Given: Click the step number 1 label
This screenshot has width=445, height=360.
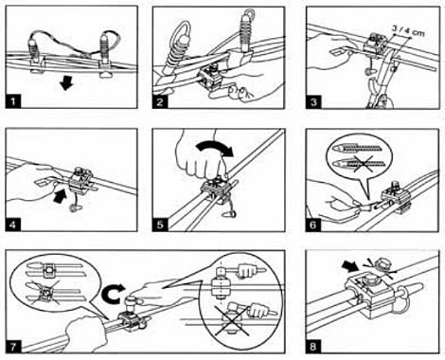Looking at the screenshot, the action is (13, 101).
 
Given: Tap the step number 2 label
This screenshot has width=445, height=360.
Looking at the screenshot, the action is (160, 101).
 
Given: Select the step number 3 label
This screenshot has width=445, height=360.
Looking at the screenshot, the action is (313, 101).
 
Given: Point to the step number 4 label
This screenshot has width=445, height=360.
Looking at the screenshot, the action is (13, 225).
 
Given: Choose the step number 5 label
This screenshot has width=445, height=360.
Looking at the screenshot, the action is (160, 225).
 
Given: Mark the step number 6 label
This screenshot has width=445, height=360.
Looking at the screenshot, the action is (313, 225).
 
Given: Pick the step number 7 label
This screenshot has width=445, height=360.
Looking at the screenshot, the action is (13, 347).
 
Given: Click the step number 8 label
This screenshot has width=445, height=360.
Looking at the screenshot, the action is (313, 347).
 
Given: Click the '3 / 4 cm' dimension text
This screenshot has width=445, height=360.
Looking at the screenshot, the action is (408, 30).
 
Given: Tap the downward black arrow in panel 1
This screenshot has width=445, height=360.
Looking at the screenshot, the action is (66, 83).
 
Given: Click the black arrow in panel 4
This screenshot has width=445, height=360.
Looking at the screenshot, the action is (60, 195).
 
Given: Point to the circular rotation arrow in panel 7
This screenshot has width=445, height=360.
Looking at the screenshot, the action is (112, 293).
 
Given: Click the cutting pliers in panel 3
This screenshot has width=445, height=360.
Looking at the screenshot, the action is (381, 79).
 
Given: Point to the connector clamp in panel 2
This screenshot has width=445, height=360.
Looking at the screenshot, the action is (210, 80).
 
